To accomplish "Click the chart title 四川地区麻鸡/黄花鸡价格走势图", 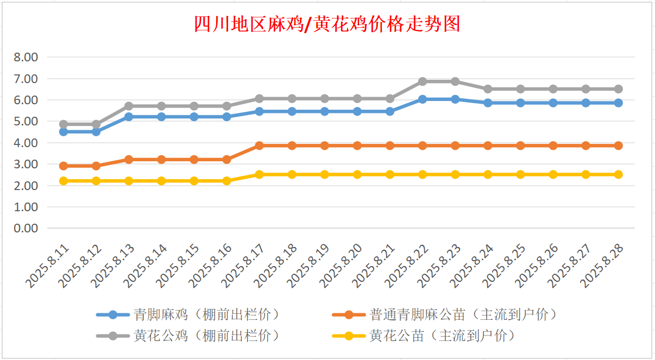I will [x=327, y=24].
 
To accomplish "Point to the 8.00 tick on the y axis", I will [x=27, y=58].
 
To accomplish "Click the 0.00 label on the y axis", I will [x=27, y=228].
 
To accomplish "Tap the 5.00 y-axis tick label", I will [x=27, y=122].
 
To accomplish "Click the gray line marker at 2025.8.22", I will [x=423, y=81].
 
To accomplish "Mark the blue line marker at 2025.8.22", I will [x=423, y=99].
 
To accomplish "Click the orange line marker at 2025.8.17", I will [x=260, y=146].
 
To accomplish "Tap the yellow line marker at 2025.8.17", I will [x=260, y=174].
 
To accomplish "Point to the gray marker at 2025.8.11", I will [x=64, y=124].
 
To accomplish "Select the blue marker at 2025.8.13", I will [x=129, y=117].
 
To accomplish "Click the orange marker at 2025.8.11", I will [x=64, y=166].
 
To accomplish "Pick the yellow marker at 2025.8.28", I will [x=618, y=174].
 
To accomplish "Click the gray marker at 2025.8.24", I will [x=488, y=89].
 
